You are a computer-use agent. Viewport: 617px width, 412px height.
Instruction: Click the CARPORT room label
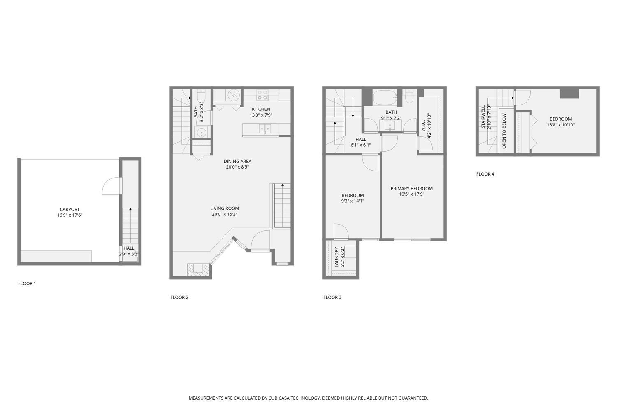[70, 209]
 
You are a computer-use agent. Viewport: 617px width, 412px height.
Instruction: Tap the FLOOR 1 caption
[27, 283]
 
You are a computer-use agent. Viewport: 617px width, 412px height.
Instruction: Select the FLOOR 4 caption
[485, 174]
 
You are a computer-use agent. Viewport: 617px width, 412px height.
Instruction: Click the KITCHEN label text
[261, 109]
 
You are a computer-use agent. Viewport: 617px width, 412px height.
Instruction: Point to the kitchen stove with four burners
[262, 95]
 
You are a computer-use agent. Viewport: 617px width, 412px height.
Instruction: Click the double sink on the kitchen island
[264, 129]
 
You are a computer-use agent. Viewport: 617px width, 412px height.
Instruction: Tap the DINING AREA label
[237, 161]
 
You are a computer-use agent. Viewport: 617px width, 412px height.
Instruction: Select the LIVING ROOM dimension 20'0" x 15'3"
[225, 214]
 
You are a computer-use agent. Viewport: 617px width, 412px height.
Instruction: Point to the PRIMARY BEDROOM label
[411, 188]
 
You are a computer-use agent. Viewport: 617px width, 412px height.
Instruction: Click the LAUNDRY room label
[336, 257]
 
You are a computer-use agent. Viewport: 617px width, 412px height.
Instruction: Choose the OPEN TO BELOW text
[504, 131]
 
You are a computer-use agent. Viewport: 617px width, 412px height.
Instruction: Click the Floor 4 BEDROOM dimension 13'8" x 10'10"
[561, 125]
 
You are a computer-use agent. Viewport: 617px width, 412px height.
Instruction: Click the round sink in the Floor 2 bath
[201, 133]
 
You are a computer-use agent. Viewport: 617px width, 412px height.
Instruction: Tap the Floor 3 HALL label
[361, 139]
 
